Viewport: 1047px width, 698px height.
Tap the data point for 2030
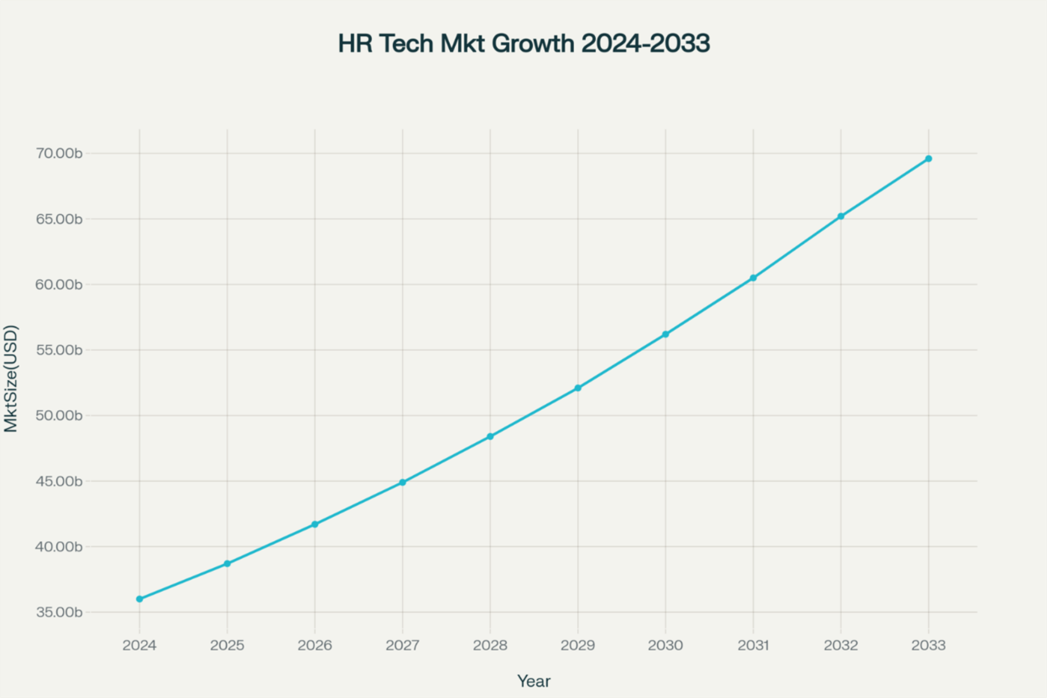[x=666, y=334]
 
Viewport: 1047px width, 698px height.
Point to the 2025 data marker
[x=227, y=564]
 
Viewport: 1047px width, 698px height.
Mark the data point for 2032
[x=841, y=216]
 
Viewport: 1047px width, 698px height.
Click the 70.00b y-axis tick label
[x=59, y=154]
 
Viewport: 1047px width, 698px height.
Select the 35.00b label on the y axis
[x=59, y=613]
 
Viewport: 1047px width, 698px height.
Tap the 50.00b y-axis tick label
[x=59, y=416]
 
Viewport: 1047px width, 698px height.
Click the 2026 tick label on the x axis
[x=315, y=645]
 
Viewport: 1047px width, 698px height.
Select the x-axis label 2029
[x=578, y=645]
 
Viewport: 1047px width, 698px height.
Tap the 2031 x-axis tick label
[x=753, y=645]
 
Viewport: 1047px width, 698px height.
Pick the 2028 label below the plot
[x=490, y=645]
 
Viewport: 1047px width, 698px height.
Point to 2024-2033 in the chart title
[x=645, y=44]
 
